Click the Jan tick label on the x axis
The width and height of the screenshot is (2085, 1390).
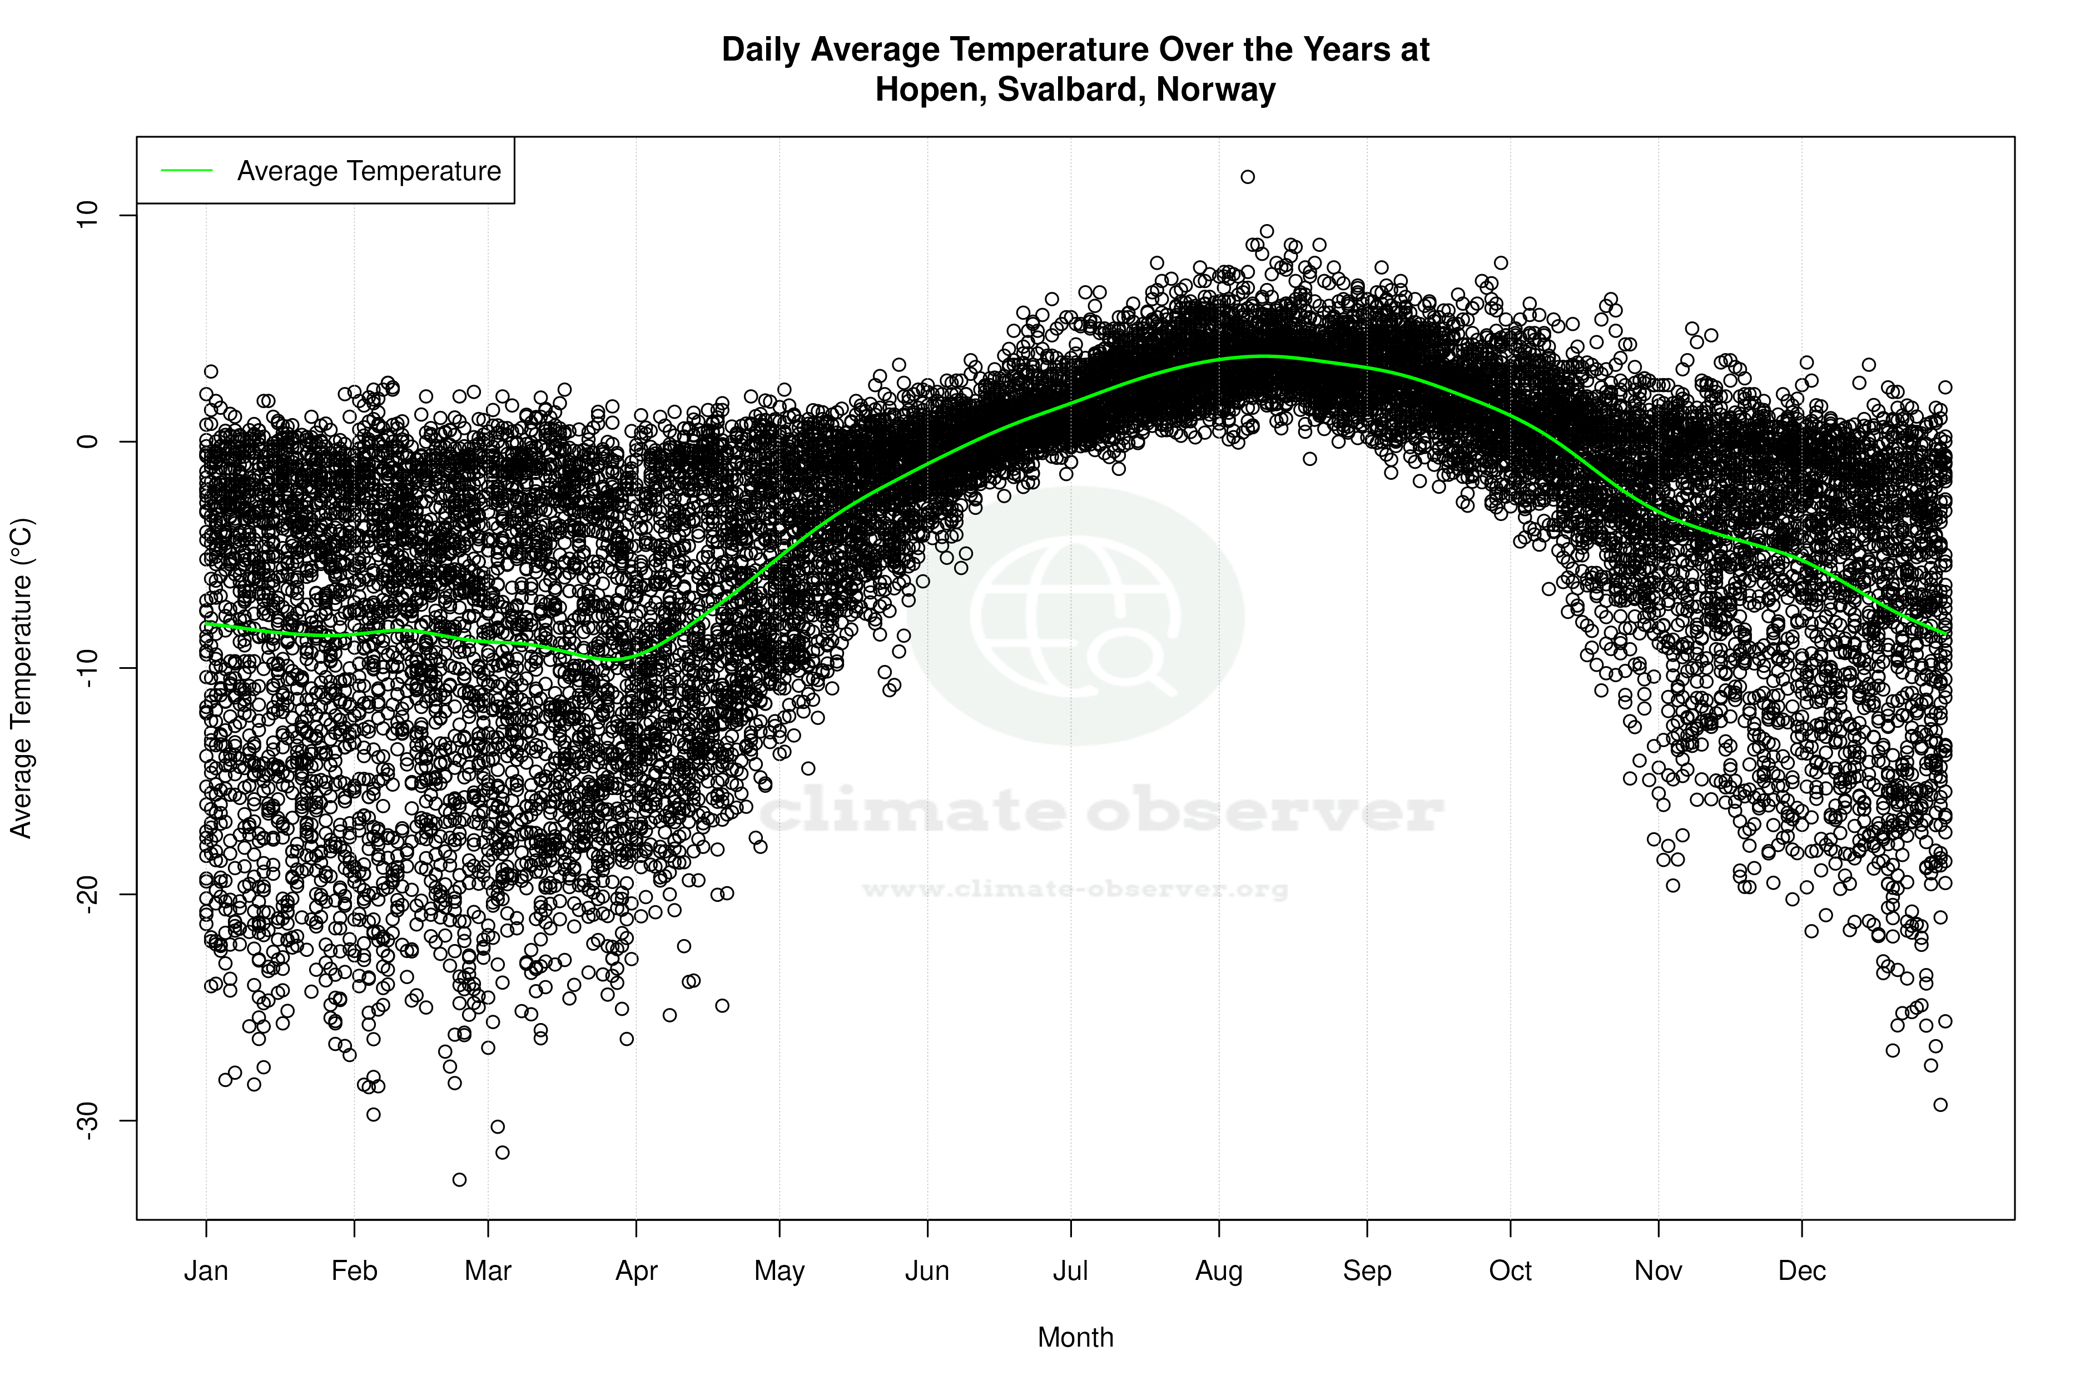tap(206, 1270)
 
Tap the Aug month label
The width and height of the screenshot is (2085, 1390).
tap(1218, 1270)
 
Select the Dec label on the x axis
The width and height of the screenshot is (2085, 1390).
tap(1801, 1270)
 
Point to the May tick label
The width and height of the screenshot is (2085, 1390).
tap(779, 1270)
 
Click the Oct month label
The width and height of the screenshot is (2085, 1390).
tap(1510, 1270)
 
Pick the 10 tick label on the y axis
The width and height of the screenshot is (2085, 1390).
tap(87, 215)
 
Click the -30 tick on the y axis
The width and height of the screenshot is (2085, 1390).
tap(87, 1120)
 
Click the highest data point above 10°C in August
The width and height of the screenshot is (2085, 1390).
tap(1247, 176)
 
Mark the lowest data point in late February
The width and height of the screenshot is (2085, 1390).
tap(459, 1179)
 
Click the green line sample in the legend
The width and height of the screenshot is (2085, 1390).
tap(187, 170)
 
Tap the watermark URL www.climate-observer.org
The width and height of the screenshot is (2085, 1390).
tap(1074, 889)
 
